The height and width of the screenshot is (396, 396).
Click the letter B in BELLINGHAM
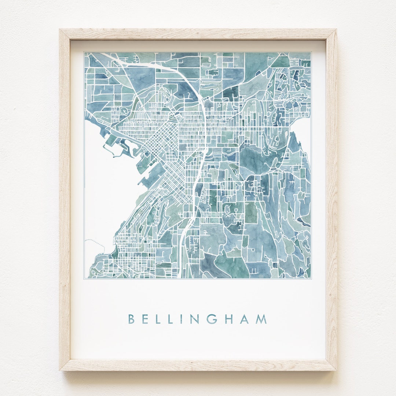point(131,319)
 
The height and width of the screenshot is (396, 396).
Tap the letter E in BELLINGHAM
point(146,319)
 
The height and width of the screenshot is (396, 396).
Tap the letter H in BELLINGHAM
point(229,319)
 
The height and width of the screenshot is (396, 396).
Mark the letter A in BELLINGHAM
point(245,319)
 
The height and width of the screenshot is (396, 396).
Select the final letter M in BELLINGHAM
point(261,319)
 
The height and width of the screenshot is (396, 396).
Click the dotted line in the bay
point(95,242)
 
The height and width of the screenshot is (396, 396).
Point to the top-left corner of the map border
point(84,52)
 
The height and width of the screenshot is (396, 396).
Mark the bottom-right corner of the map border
point(311,279)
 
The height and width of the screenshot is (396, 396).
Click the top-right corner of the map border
point(311,52)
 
